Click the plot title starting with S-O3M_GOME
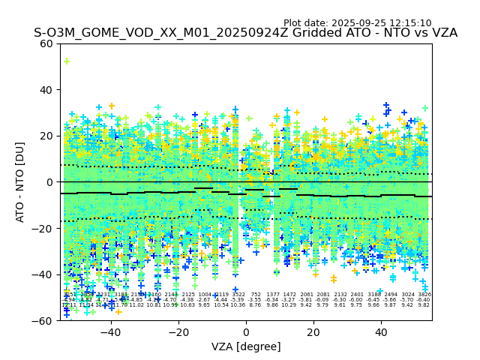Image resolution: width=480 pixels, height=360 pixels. click(245, 33)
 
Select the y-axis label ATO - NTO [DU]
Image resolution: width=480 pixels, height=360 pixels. click(21, 182)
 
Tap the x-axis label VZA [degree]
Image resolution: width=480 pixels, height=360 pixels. click(246, 346)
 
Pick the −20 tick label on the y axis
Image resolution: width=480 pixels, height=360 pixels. click(44, 229)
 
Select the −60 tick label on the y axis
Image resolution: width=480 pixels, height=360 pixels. click(44, 321)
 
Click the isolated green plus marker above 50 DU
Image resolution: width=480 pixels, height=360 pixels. click(66, 61)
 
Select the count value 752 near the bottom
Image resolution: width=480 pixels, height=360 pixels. click(256, 295)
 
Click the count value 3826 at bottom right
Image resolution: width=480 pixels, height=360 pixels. click(424, 295)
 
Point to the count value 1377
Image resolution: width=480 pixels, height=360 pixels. click(272, 295)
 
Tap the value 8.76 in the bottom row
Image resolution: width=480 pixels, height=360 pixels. click(256, 305)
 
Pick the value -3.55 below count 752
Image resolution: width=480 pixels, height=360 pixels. click(256, 300)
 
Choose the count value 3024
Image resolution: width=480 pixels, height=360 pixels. click(407, 295)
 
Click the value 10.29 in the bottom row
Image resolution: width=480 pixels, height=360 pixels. click(289, 305)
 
